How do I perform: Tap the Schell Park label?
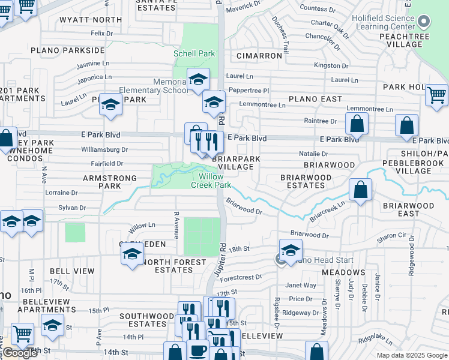194,53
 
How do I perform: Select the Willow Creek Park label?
211,181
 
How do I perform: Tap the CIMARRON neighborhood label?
259,56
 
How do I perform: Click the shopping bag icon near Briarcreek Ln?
360,190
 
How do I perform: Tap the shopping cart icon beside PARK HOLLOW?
436,95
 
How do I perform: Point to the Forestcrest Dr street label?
241,277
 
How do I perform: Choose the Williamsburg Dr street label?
104,149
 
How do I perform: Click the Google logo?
20,353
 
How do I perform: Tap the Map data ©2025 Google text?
411,355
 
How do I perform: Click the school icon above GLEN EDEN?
133,253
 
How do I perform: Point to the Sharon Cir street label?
391,237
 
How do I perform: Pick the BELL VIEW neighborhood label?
72,271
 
